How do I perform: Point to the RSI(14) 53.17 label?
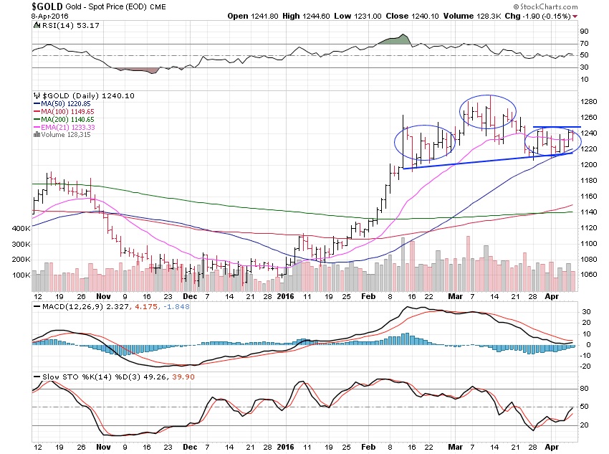click(64, 26)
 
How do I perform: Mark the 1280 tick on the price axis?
click(589, 102)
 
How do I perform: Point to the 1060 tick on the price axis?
click(589, 275)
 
